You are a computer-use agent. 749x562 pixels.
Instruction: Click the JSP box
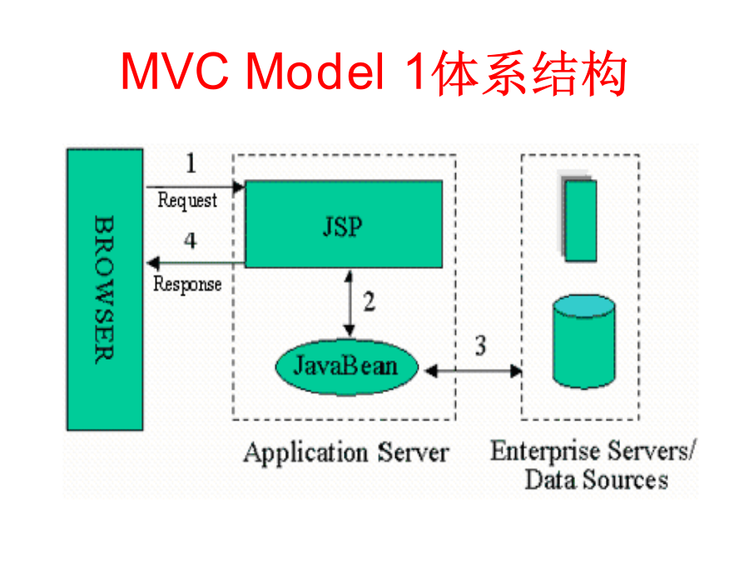[344, 224]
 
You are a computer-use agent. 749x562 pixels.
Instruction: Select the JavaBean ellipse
[347, 367]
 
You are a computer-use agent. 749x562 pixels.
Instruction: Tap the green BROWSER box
[105, 290]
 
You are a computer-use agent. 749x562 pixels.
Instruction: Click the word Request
[187, 200]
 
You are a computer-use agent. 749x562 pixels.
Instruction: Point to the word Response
[187, 285]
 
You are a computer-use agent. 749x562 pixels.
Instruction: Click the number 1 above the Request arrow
[191, 163]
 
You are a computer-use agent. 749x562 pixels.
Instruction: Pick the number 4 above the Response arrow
[190, 240]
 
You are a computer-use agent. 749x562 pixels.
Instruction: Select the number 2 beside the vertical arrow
[370, 301]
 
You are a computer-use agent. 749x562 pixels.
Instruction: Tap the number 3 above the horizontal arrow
[480, 345]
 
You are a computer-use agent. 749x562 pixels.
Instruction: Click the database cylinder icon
[583, 341]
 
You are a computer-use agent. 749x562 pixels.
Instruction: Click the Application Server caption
[346, 453]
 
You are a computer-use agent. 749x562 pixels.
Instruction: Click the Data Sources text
[597, 480]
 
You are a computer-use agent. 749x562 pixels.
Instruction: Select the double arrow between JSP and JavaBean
[350, 304]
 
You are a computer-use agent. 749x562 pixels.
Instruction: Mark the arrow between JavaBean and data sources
[474, 371]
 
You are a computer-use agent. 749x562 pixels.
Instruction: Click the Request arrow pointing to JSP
[196, 187]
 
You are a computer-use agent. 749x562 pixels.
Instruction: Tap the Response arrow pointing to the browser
[196, 263]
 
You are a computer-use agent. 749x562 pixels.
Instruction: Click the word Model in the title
[315, 72]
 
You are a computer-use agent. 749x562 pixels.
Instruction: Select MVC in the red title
[175, 72]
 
